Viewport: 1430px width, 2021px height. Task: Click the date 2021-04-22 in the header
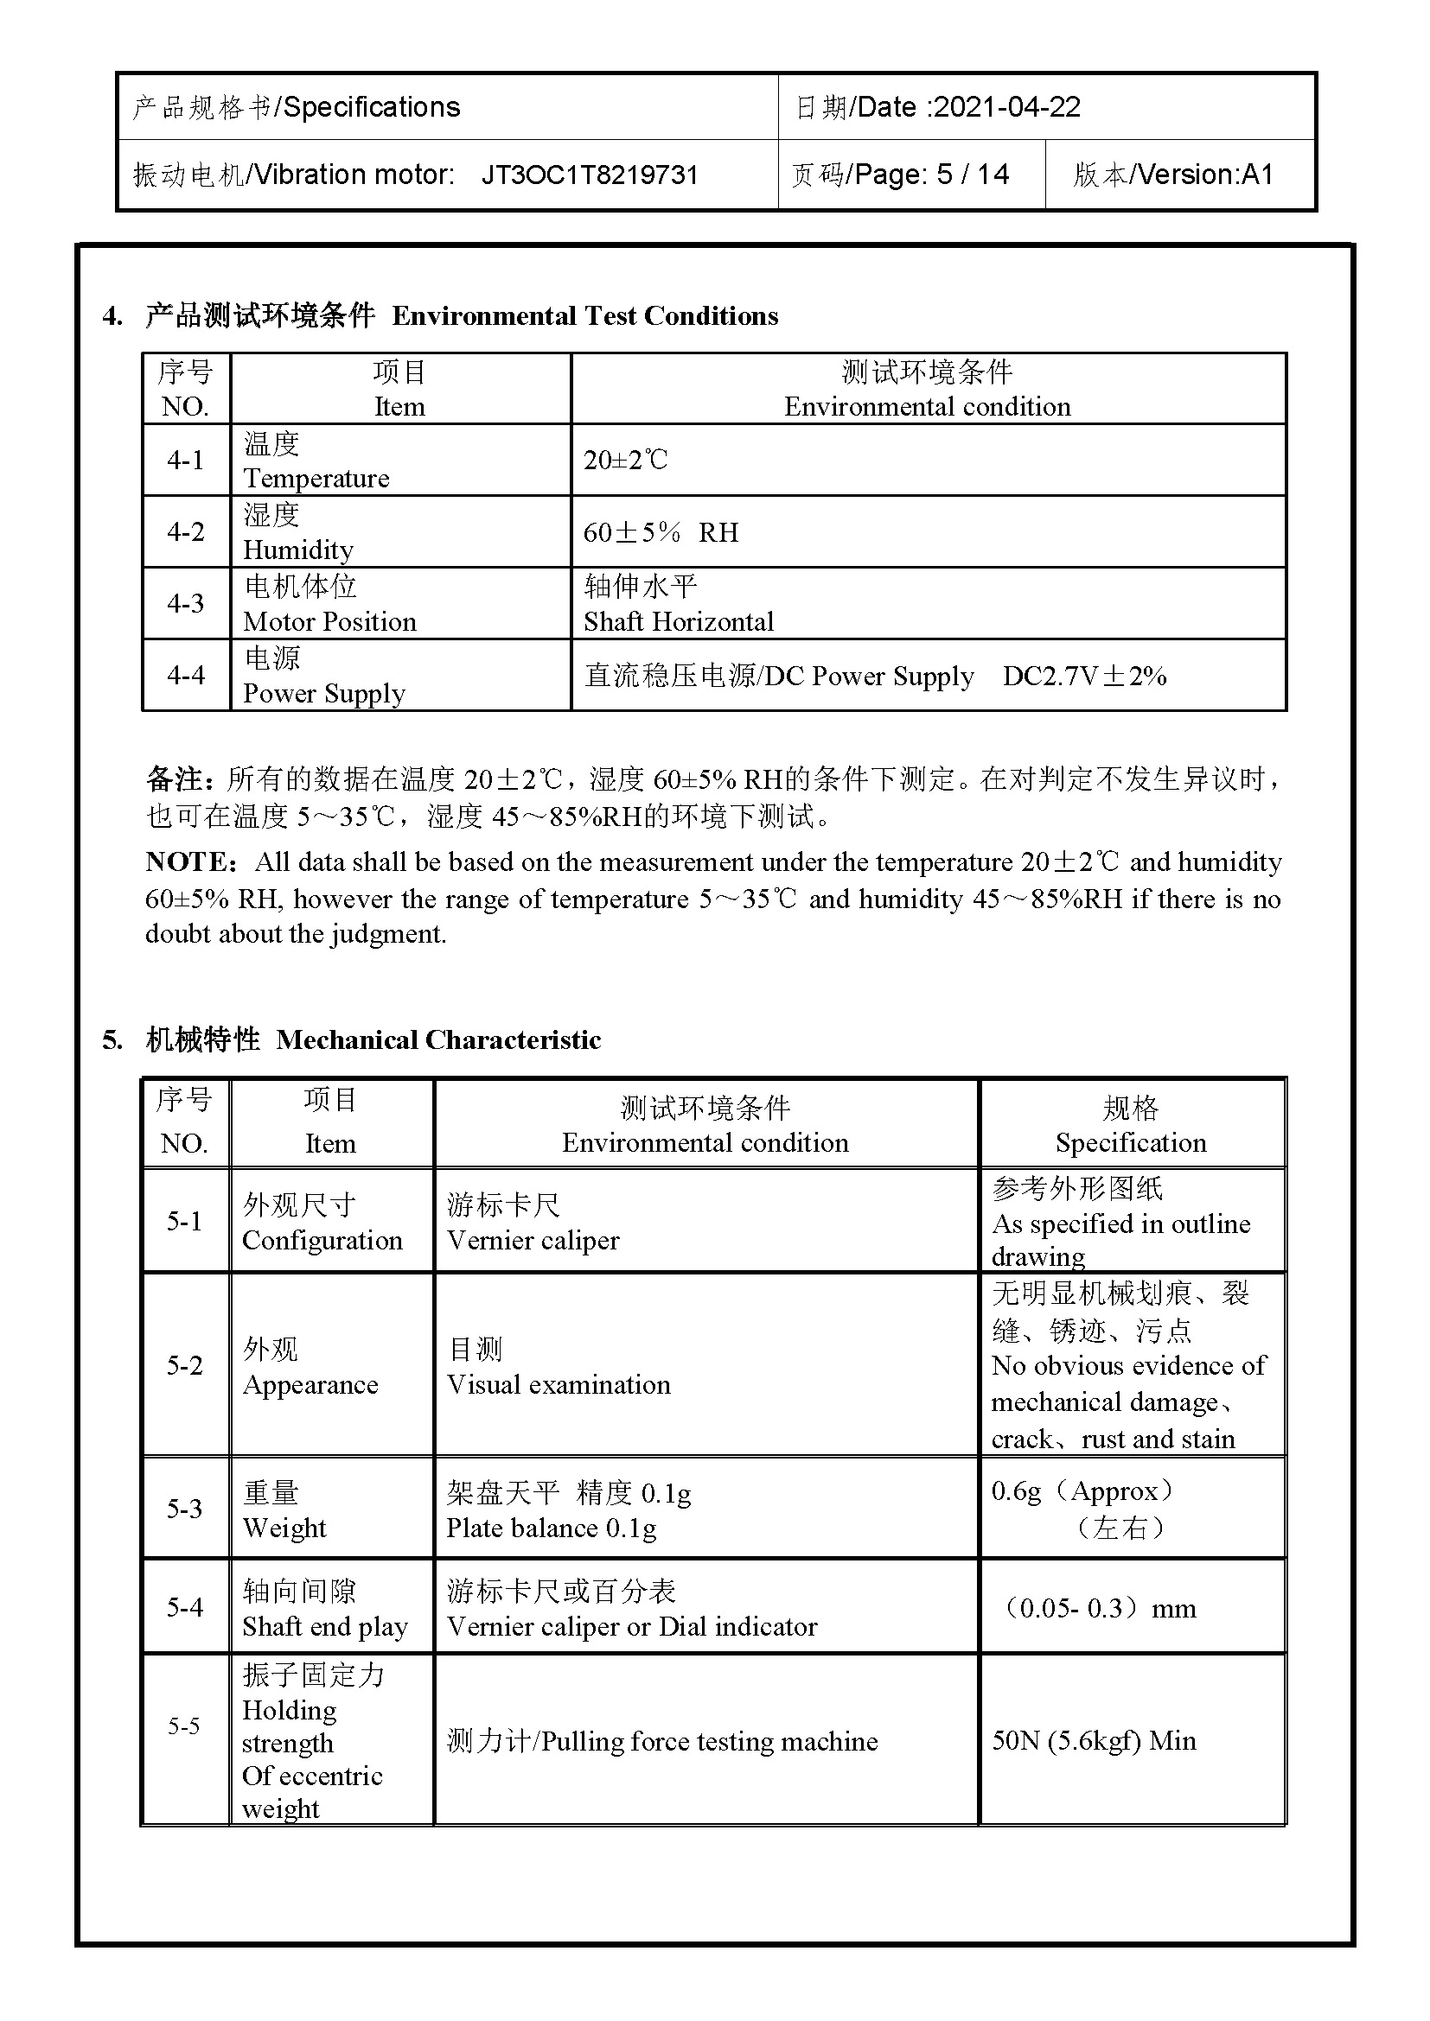point(1006,107)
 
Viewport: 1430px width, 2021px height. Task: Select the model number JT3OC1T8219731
point(589,175)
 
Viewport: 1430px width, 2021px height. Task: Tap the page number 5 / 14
point(972,175)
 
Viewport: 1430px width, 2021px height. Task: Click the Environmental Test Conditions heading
point(584,316)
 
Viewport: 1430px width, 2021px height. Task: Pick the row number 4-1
point(185,460)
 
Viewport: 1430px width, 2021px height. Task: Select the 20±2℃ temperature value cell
point(625,460)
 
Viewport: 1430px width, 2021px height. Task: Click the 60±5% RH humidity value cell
point(661,532)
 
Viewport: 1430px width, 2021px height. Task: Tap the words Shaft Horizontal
point(678,621)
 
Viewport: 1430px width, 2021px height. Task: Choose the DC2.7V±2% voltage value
point(1084,676)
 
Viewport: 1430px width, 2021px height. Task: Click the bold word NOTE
point(188,861)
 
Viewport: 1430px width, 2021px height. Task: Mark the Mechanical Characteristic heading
point(437,1039)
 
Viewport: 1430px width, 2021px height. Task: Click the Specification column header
point(1131,1142)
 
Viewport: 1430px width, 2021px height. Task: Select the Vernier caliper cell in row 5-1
point(533,1240)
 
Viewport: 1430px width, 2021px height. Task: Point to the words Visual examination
point(559,1384)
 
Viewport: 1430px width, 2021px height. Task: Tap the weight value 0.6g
point(1015,1490)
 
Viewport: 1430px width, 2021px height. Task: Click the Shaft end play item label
point(325,1626)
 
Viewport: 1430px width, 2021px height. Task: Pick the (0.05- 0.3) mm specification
point(1099,1608)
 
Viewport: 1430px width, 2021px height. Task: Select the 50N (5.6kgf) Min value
point(1094,1740)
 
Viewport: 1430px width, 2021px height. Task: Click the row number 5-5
point(184,1725)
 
